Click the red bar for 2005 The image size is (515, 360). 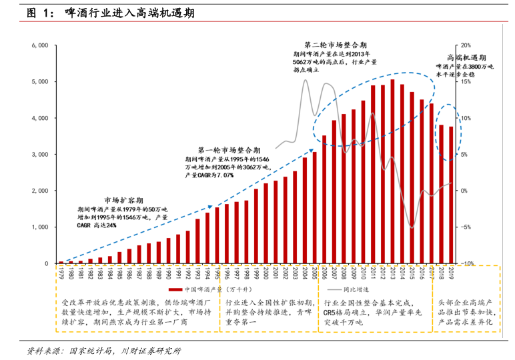315,207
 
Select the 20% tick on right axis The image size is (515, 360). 466,45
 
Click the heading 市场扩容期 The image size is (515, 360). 121,200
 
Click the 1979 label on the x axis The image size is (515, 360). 61,274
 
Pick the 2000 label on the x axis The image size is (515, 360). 266,274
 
